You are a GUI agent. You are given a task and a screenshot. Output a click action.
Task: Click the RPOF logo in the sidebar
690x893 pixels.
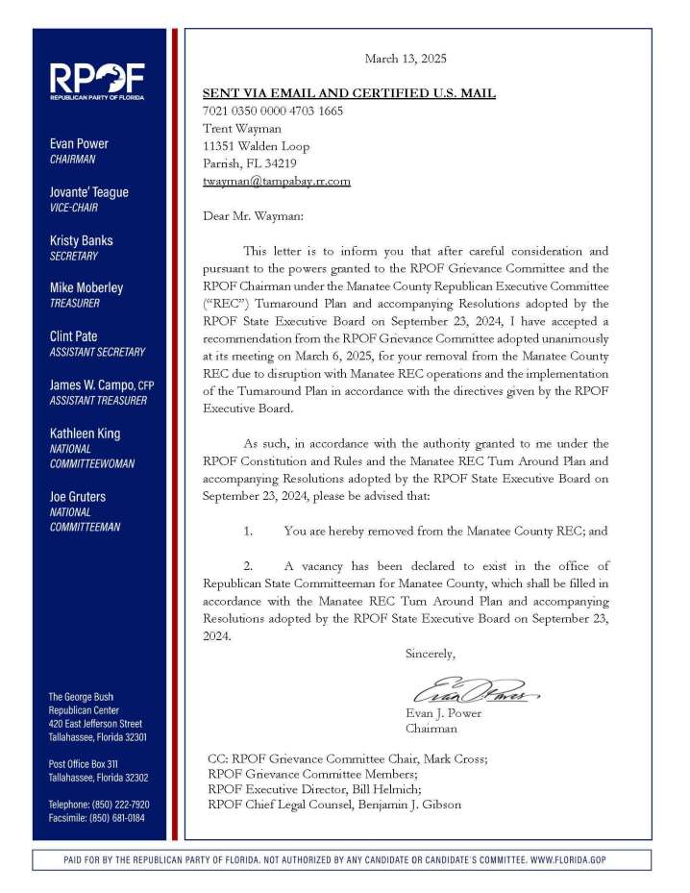point(97,81)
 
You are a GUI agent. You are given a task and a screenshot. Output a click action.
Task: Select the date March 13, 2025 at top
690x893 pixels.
point(406,60)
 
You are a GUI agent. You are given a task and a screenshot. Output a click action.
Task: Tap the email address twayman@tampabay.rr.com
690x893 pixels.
point(276,181)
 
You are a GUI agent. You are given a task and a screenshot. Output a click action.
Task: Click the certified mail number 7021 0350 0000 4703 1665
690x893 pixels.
point(273,111)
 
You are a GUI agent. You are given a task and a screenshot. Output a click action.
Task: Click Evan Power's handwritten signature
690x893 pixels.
point(475,691)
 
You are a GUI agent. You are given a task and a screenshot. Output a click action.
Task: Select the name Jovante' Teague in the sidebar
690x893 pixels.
point(88,192)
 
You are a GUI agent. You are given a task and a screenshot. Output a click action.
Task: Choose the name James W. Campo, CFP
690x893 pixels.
point(101,385)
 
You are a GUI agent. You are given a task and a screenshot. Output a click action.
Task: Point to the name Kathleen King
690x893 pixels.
point(85,434)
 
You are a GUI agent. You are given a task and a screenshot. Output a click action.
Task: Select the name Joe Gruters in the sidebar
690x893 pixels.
point(78,497)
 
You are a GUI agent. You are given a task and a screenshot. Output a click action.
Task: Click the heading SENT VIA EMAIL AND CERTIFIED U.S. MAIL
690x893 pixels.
point(349,93)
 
